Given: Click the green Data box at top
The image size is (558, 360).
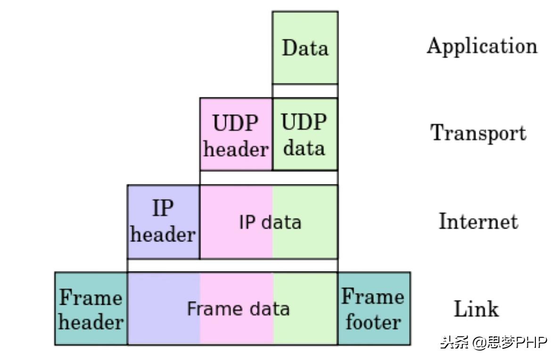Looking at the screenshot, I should tap(305, 48).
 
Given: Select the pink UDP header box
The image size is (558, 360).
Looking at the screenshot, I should tap(236, 134).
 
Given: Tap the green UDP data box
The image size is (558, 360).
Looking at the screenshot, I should tap(305, 134).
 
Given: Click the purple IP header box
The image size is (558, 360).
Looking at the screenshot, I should tap(163, 221).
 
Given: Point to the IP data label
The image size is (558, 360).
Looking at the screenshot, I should tap(270, 222).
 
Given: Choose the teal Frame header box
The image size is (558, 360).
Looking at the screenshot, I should tap(91, 309).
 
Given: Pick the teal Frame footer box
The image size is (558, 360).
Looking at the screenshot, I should tap(373, 309).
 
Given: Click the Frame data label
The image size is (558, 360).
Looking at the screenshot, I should tap(238, 309).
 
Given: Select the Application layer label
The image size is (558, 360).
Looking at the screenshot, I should tap(482, 46).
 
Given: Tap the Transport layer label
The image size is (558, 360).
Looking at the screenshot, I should tap(478, 133).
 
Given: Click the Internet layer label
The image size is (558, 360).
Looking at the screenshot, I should tap(478, 221).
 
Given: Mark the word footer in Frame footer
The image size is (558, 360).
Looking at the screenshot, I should tap(373, 322).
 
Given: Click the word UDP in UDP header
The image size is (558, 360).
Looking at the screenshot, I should tap(235, 123).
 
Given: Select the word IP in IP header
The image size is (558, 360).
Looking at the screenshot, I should tap(163, 208).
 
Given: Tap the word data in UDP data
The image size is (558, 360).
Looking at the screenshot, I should tap(304, 148).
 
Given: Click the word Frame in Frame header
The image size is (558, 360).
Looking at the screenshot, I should tap(91, 298).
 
